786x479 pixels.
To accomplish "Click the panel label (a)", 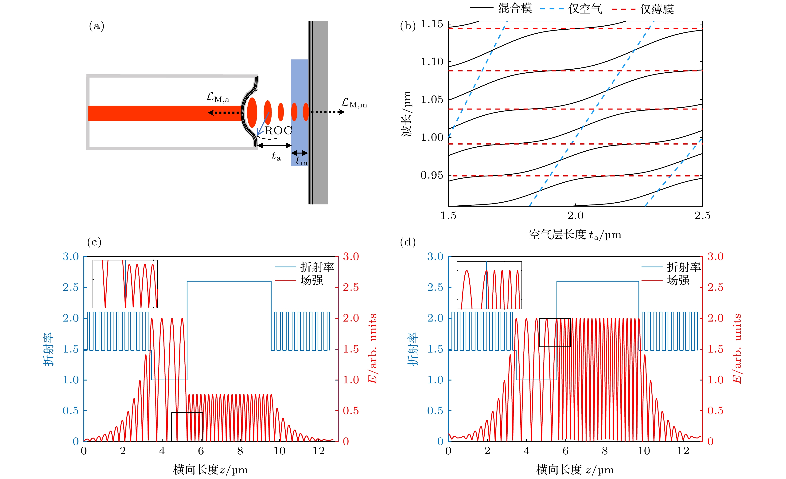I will [x=97, y=26].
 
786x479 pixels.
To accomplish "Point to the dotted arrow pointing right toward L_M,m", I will [x=327, y=112].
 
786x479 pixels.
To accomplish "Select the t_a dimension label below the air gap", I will [x=276, y=156].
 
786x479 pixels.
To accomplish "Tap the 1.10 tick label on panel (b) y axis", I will [x=432, y=62].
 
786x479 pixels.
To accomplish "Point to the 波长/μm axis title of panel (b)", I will [x=406, y=114].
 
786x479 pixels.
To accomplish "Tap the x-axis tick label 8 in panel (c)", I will [x=240, y=451].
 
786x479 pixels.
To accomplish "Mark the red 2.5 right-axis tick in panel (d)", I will [x=715, y=287].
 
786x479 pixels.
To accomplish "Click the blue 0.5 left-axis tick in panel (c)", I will [x=70, y=411].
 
